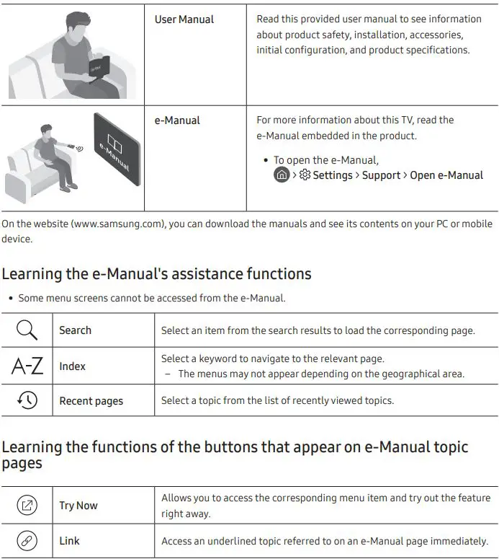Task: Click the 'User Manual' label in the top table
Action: [x=184, y=19]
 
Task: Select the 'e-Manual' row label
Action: [x=177, y=120]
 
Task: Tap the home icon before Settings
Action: [x=282, y=175]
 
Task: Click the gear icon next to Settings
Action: [x=305, y=175]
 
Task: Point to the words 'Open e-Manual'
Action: [x=446, y=175]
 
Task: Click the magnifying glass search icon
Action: [x=27, y=330]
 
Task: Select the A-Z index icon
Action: [x=27, y=366]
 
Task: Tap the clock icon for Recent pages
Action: [x=27, y=401]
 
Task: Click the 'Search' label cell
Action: [x=75, y=330]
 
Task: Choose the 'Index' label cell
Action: [x=72, y=366]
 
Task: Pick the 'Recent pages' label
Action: [x=91, y=401]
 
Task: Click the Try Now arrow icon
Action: [x=27, y=506]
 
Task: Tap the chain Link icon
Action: [x=27, y=541]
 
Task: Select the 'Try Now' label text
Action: [x=78, y=506]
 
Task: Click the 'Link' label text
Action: [x=69, y=541]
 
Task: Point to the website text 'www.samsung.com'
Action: [x=119, y=224]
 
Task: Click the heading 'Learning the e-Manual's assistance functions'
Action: [x=156, y=274]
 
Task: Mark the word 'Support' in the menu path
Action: [x=381, y=175]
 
